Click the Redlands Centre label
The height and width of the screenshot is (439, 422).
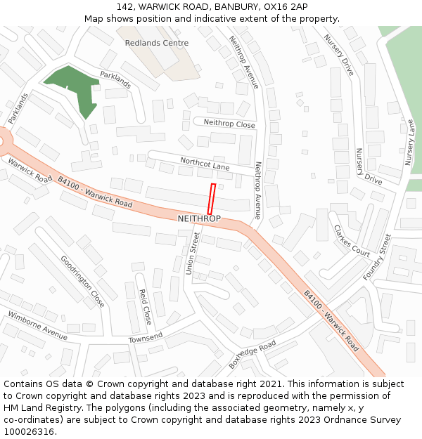point(156,43)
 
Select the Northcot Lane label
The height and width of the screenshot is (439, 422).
point(205,164)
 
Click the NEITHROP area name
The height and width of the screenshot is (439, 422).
point(199,219)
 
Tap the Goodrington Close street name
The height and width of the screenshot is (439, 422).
point(82,281)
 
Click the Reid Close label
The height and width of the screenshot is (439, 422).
point(145,306)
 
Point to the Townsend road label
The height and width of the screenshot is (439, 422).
point(145,338)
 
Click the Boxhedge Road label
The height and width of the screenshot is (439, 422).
point(252,355)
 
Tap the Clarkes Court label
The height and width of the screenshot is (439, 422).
point(352,241)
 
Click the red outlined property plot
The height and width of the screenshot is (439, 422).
point(211,199)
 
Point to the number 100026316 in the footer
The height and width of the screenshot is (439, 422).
point(28,431)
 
